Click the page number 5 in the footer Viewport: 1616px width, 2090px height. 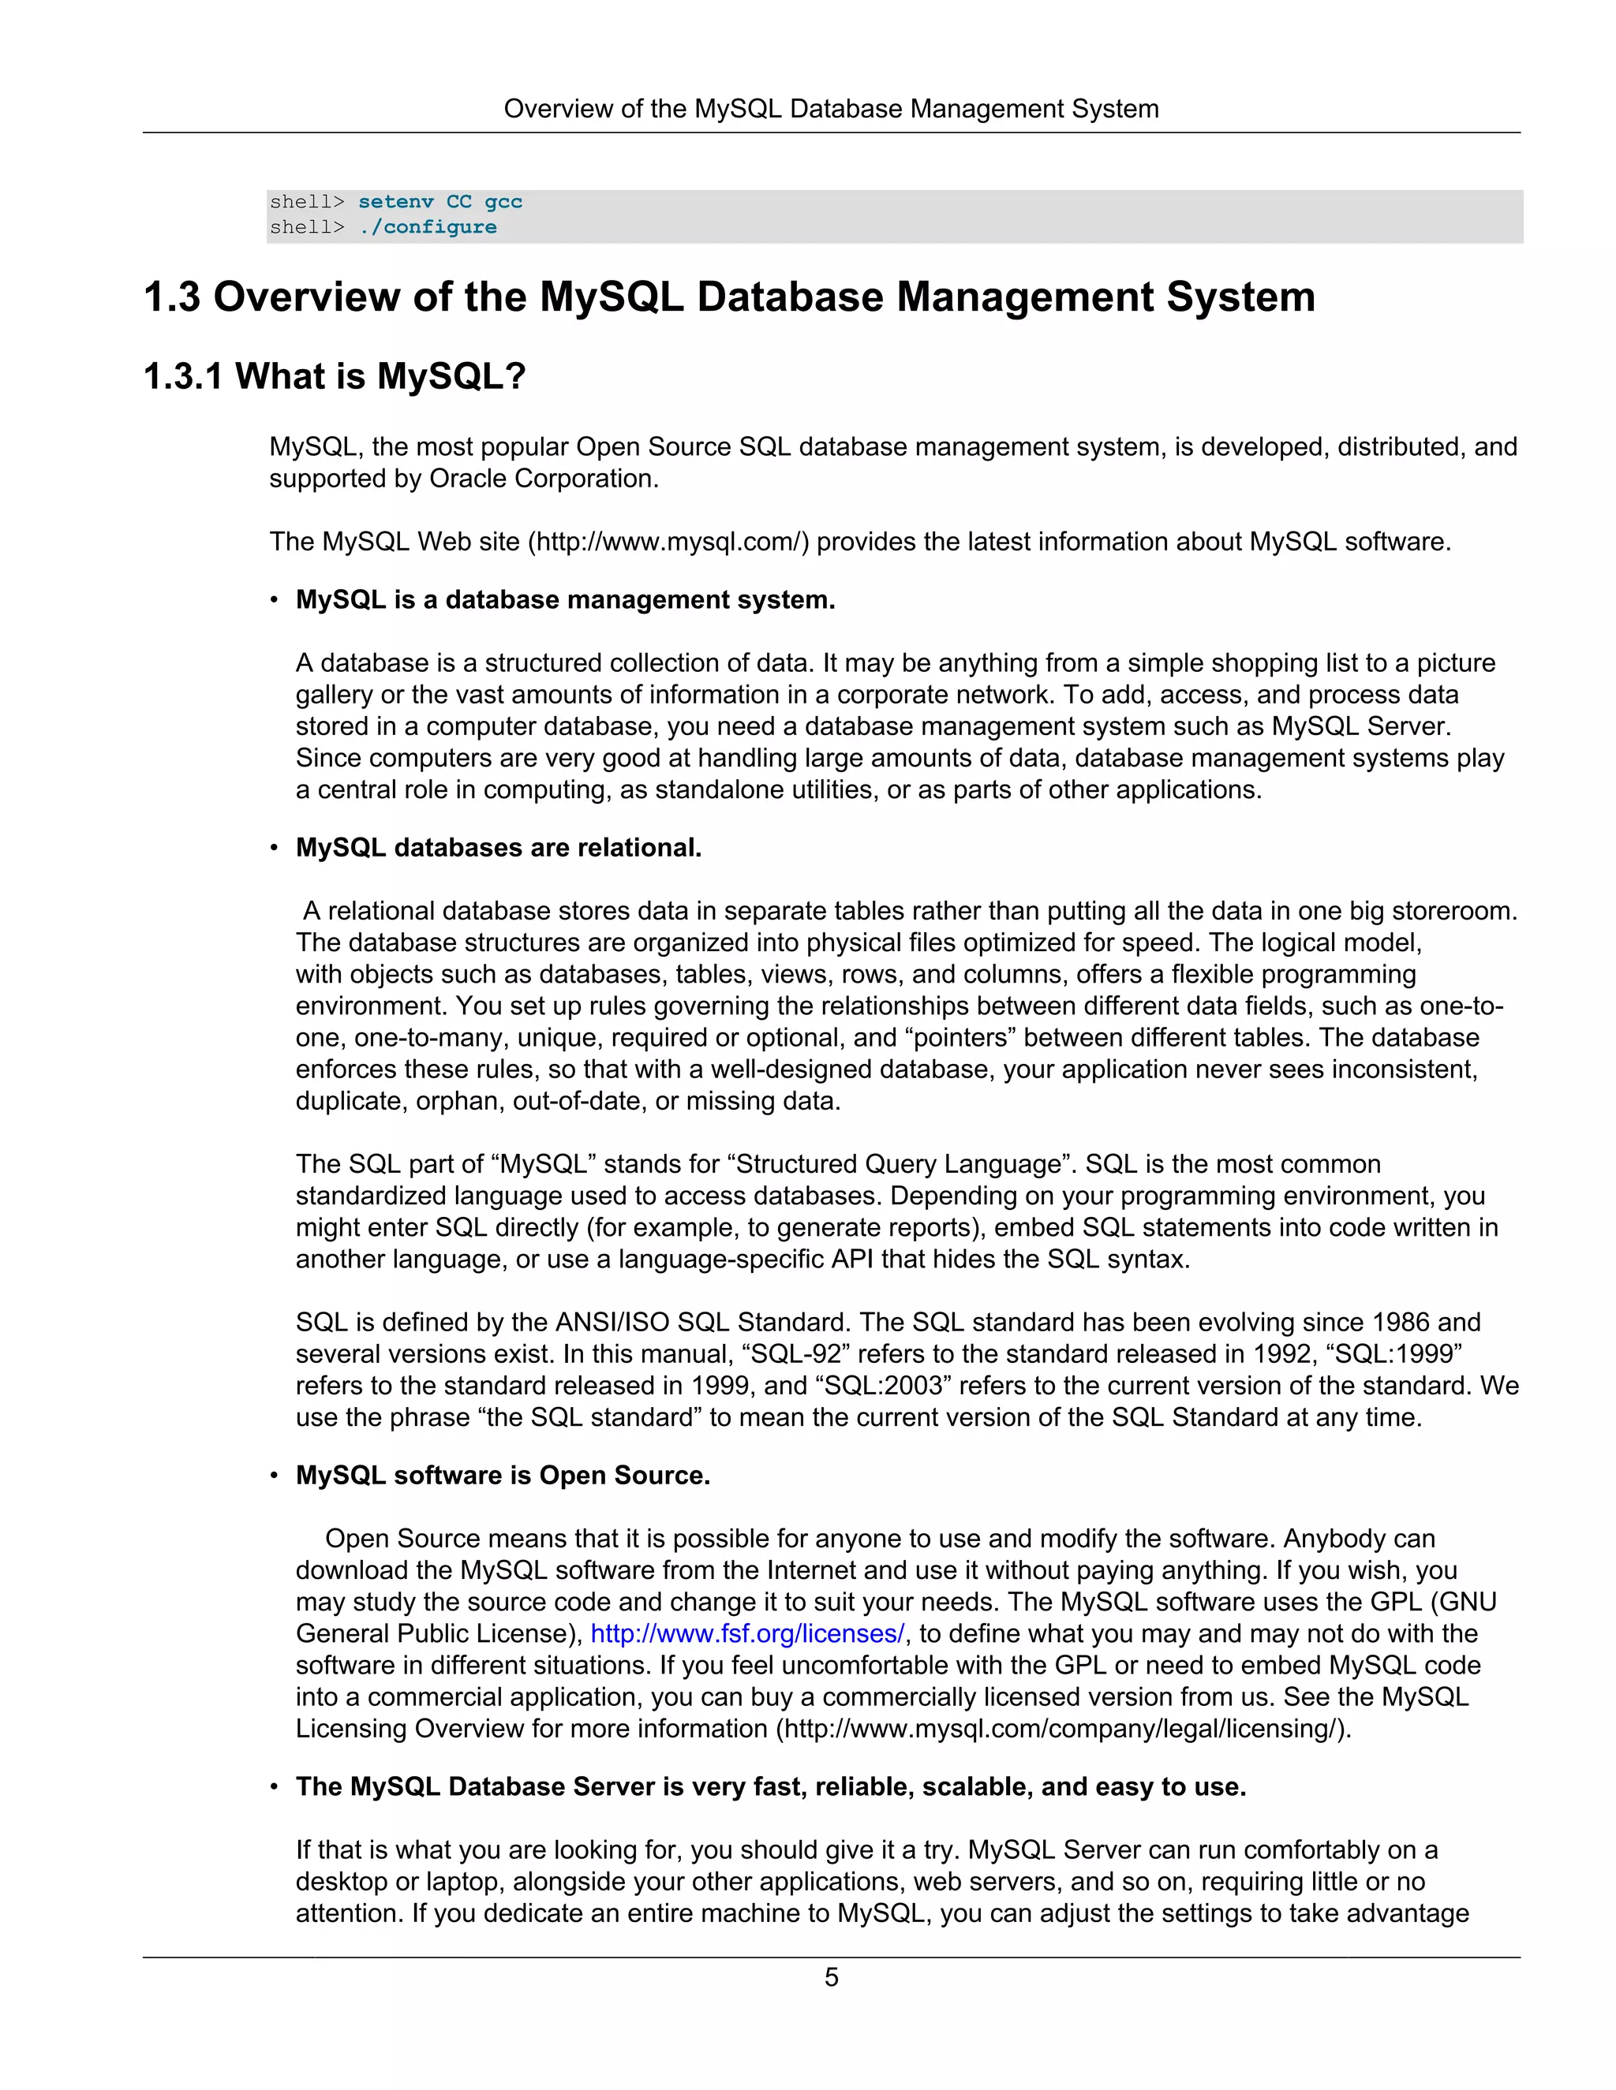(831, 1977)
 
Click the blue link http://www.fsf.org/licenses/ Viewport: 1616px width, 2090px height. (746, 1633)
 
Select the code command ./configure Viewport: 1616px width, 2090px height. (428, 228)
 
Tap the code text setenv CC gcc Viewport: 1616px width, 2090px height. (440, 202)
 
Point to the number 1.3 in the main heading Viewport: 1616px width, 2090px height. (172, 297)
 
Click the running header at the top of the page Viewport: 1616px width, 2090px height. (831, 109)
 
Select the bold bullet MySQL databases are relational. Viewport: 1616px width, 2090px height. (498, 848)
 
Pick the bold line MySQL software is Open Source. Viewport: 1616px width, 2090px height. (503, 1476)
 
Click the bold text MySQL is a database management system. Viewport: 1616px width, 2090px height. (565, 600)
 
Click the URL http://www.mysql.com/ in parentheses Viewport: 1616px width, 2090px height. (668, 542)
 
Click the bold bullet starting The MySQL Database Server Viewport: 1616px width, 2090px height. (771, 1786)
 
